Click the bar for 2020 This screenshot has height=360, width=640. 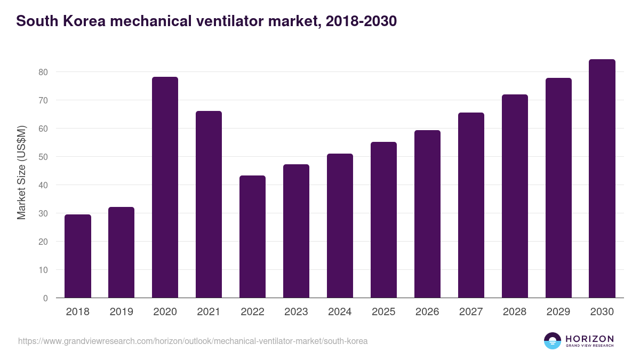(165, 187)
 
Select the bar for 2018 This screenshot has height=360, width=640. (78, 256)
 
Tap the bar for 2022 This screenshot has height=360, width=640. (252, 237)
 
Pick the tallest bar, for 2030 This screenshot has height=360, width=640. (602, 179)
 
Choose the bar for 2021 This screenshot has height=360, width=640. (209, 204)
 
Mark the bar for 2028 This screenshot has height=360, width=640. (515, 196)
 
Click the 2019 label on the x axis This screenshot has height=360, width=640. (122, 312)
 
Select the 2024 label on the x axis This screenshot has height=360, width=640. (340, 312)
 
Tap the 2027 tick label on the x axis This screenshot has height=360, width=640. (471, 312)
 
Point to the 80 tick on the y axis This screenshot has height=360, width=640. (43, 72)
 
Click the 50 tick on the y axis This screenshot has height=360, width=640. (43, 157)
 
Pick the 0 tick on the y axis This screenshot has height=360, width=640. (45, 298)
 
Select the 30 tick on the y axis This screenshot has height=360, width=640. (43, 213)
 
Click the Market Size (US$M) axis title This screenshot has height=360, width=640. (21, 172)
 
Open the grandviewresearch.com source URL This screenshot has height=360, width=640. (193, 341)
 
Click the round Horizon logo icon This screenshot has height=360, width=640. (553, 341)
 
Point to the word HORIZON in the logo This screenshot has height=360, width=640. (589, 339)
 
